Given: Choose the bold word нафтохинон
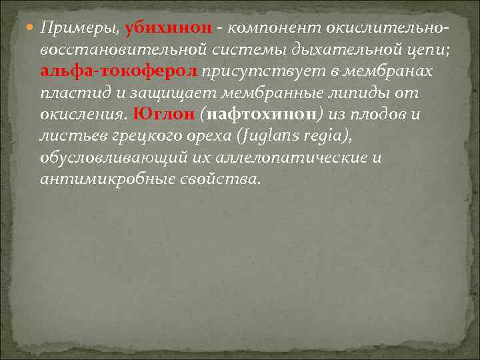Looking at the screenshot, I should click(257, 114).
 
